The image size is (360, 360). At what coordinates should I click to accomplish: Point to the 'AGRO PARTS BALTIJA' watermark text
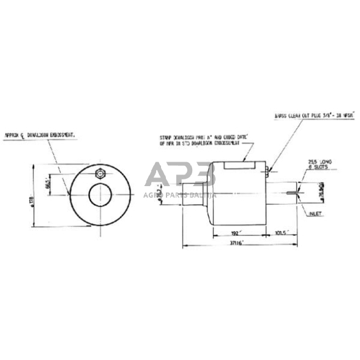[179, 195]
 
